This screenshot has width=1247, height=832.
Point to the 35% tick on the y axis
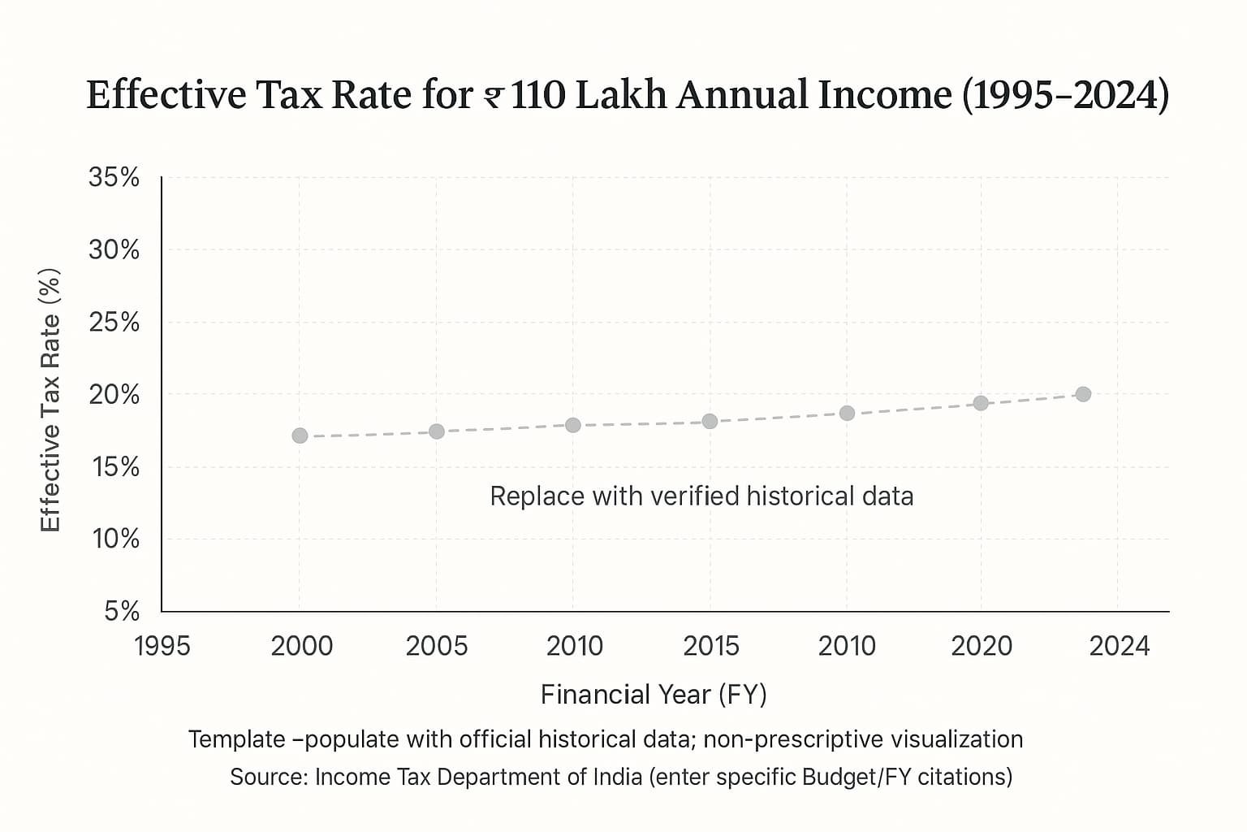(114, 177)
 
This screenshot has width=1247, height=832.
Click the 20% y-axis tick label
(114, 395)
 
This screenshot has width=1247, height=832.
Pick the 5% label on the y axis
(122, 611)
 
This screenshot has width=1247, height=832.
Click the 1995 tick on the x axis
(162, 646)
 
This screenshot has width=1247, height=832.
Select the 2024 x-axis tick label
(1120, 646)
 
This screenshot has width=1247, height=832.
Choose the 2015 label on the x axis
(711, 646)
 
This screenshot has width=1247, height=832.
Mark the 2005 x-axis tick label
(437, 646)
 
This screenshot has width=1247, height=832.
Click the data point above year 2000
(300, 435)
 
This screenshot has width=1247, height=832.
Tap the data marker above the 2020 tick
(981, 403)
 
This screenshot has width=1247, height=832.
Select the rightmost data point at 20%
(1083, 394)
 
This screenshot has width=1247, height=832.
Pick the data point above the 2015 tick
(710, 421)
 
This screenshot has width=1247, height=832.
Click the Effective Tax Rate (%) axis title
(50, 400)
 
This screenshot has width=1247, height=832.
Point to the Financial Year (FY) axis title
(654, 695)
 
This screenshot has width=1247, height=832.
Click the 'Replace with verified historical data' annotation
(701, 496)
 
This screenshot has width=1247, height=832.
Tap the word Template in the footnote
(236, 739)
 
